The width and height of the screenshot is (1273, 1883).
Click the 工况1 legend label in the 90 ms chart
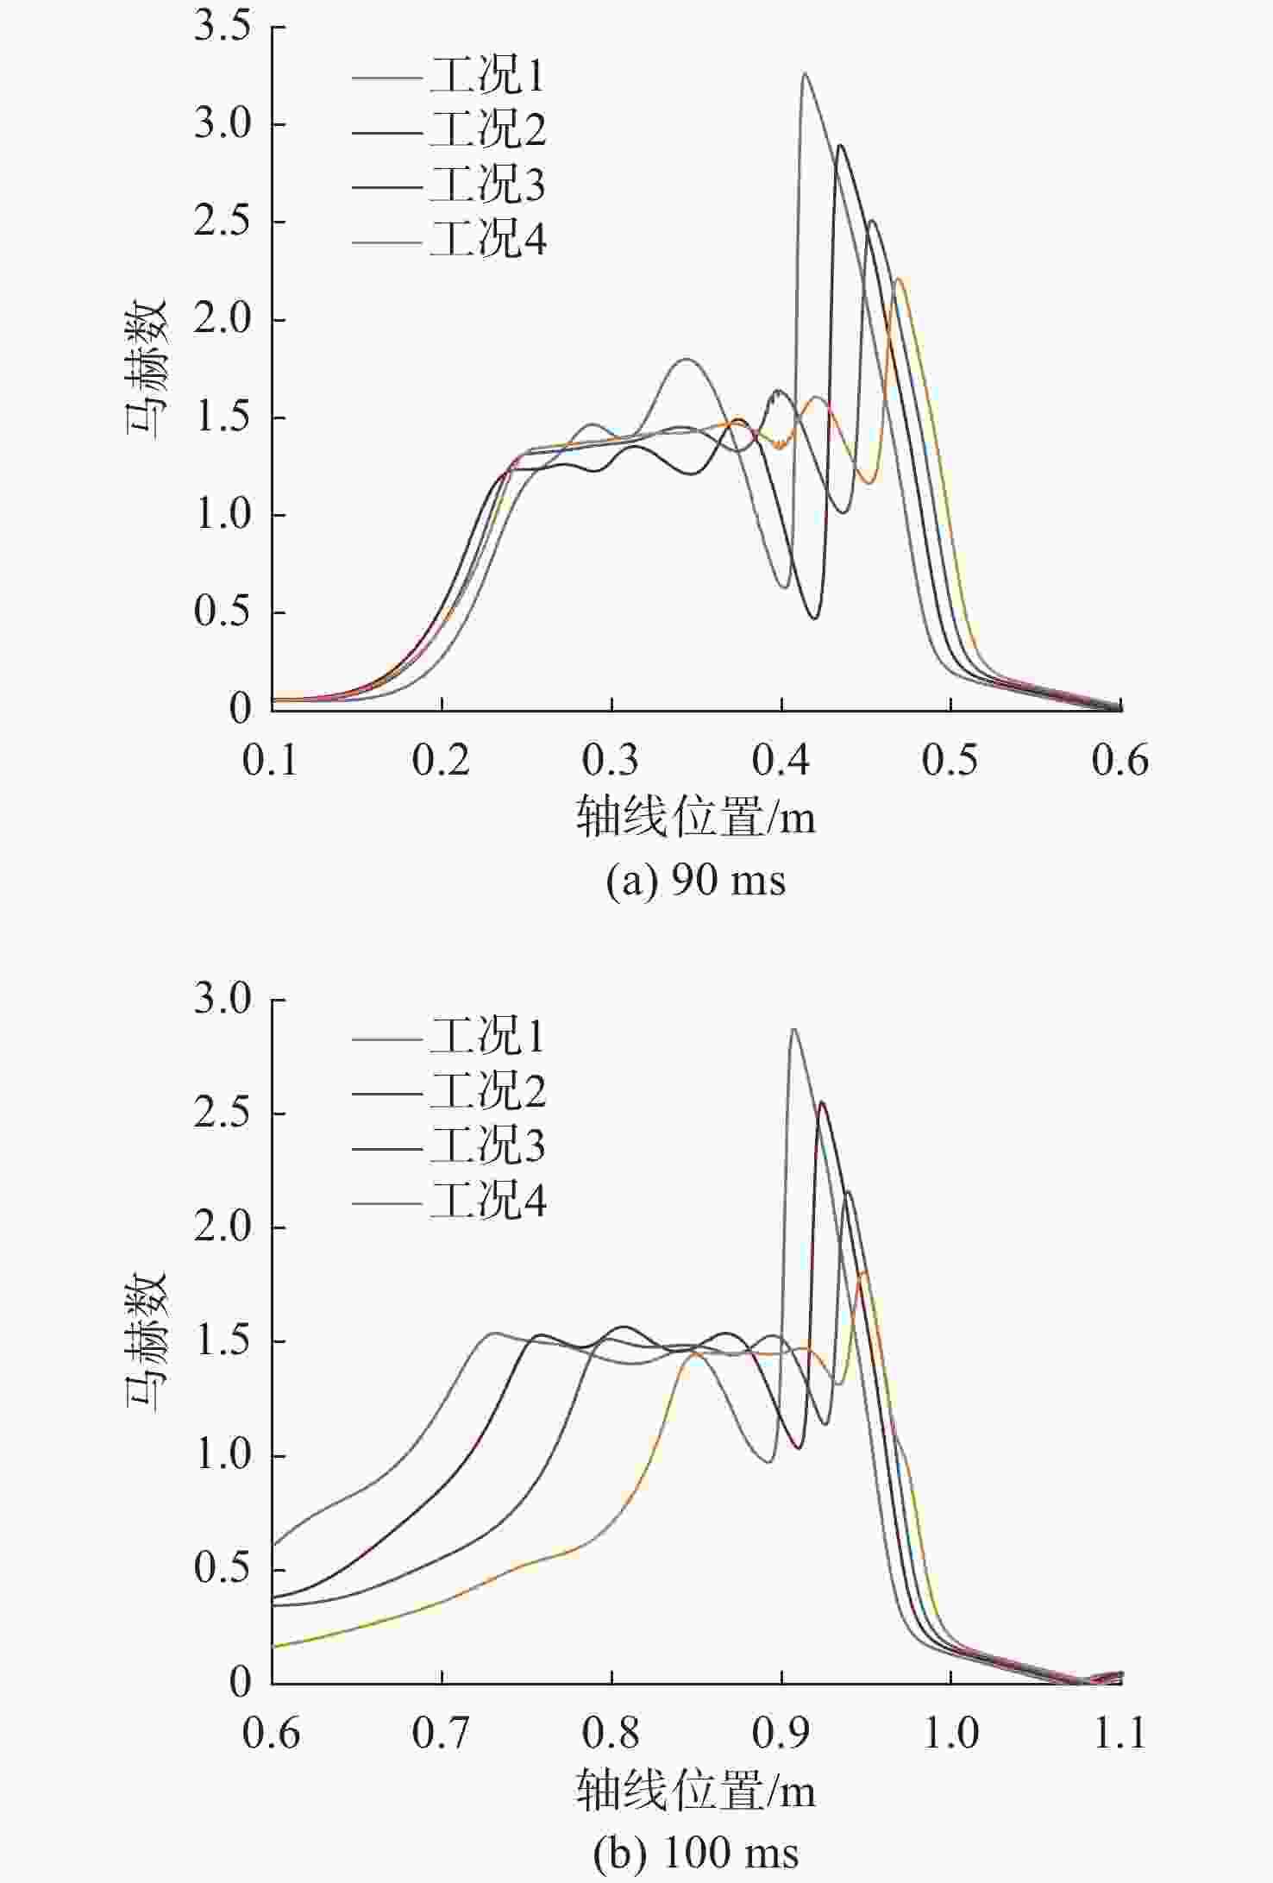487,76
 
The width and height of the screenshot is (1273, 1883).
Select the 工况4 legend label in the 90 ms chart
487,238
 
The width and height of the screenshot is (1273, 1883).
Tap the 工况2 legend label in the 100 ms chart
487,1091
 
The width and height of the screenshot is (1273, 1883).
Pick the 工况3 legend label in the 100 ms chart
487,1146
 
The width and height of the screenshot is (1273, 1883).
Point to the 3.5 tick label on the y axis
223,27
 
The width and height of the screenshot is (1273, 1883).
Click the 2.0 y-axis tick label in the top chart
223,320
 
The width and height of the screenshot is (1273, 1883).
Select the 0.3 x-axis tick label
611,761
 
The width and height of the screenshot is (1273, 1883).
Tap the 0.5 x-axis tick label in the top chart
950,761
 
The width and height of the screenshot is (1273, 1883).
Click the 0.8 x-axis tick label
611,1733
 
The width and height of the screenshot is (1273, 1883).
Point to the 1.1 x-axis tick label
1119,1733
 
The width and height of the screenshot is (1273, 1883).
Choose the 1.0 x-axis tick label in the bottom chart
950,1733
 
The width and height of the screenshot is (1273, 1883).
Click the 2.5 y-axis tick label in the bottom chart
223,1114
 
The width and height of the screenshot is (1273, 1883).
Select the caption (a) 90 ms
696,882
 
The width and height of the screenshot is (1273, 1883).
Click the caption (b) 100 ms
696,1853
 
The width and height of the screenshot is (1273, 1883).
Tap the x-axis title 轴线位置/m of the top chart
696,816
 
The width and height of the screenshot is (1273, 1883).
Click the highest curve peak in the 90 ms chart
805,74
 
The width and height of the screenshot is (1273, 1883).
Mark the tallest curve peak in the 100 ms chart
793,1029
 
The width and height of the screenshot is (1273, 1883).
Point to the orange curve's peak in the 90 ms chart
899,279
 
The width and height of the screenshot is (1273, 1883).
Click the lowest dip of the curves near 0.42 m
814,618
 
